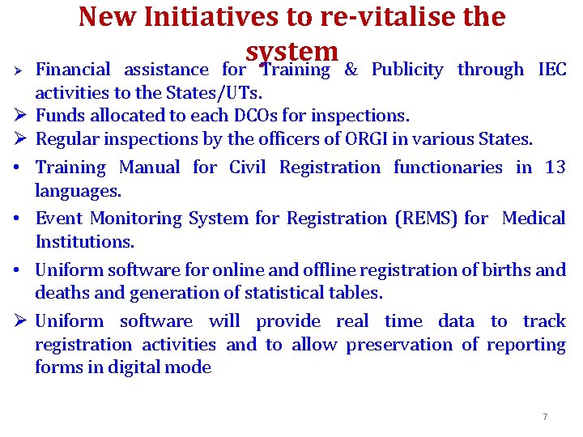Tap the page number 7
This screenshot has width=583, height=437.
[x=545, y=417]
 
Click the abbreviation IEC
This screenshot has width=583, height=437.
[x=552, y=70]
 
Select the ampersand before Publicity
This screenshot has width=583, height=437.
[x=351, y=70]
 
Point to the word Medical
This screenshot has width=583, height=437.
[x=534, y=218]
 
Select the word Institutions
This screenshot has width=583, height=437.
[x=85, y=241]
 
